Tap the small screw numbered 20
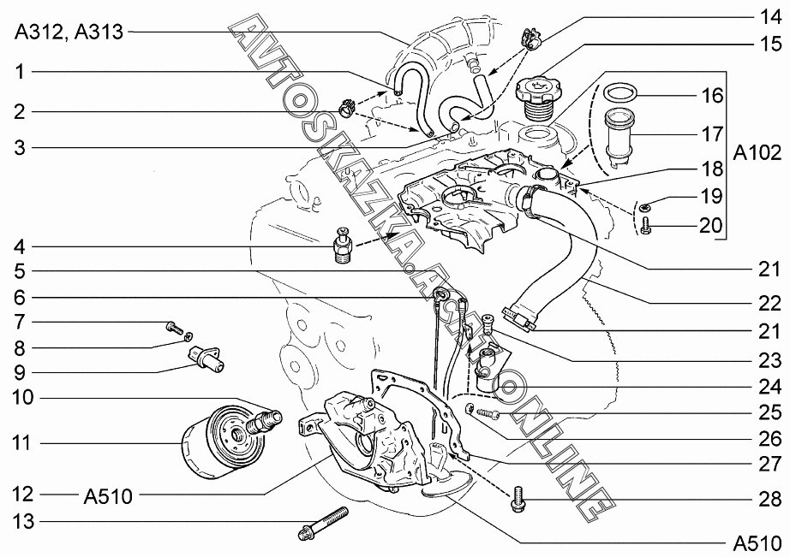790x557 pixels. tap(647, 225)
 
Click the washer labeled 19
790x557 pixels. tap(644, 205)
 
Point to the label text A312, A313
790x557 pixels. tap(68, 32)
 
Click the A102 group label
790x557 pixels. tap(757, 152)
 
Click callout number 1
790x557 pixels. tap(19, 74)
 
